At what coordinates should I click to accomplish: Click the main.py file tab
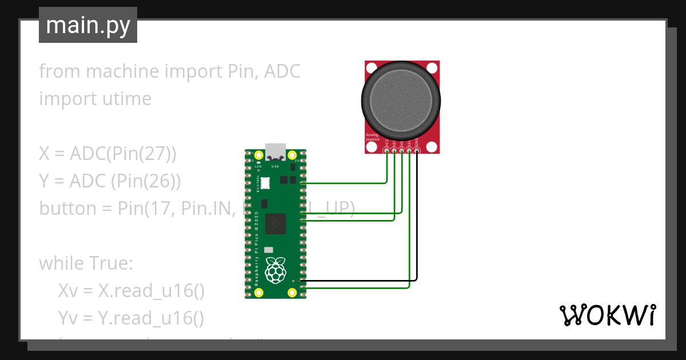point(88,26)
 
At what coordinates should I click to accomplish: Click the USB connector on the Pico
point(277,151)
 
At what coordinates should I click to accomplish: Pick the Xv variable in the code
point(68,291)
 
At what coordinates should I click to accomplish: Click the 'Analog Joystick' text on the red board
point(372,137)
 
